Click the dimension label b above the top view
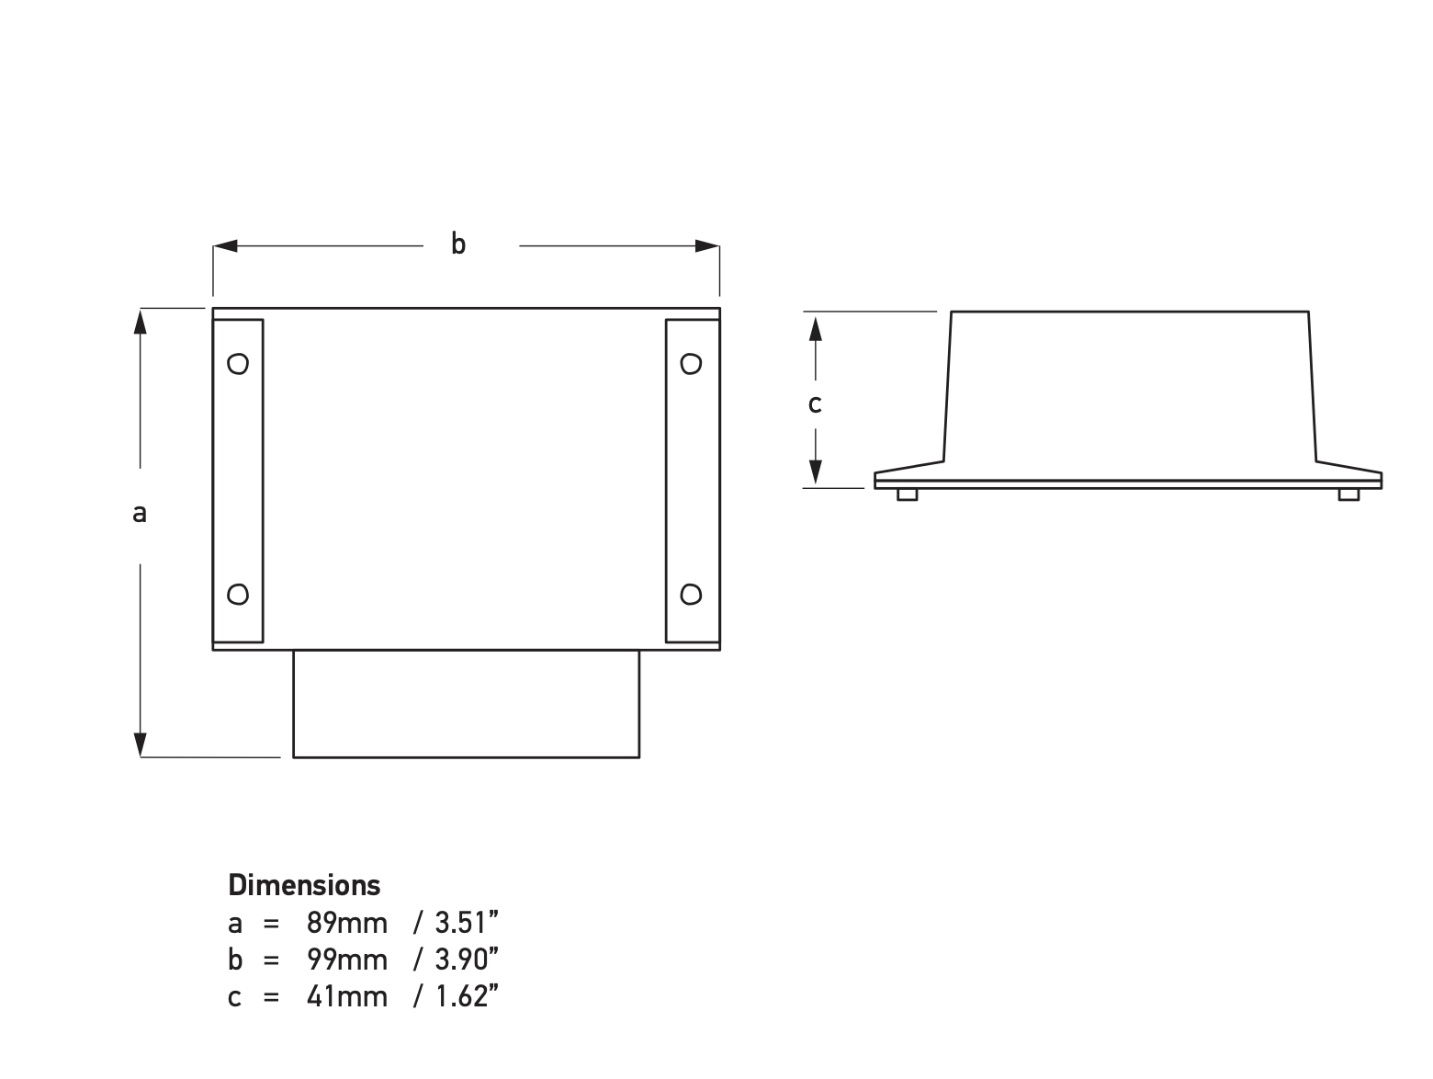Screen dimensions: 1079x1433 (x=457, y=244)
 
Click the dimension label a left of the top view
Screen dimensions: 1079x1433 (x=140, y=513)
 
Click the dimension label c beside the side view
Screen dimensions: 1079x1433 (x=815, y=403)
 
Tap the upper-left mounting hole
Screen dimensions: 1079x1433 (x=238, y=364)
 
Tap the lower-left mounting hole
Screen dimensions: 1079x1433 (x=238, y=595)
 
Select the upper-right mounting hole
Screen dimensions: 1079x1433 (x=691, y=364)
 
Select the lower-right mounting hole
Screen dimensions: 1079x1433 (x=691, y=595)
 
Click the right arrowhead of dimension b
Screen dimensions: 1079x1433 (x=707, y=245)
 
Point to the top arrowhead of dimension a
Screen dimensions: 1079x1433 (x=140, y=322)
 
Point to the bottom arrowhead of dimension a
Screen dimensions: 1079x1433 (x=140, y=744)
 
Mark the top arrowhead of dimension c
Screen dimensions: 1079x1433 (x=815, y=325)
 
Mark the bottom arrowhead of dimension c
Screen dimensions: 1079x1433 (x=815, y=474)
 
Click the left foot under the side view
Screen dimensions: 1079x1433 (x=907, y=494)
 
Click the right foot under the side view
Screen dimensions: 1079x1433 (x=1348, y=494)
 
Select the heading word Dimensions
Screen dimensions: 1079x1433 (x=304, y=885)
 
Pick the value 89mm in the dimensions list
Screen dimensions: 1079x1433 (x=346, y=922)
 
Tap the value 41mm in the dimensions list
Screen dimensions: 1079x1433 (x=346, y=996)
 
